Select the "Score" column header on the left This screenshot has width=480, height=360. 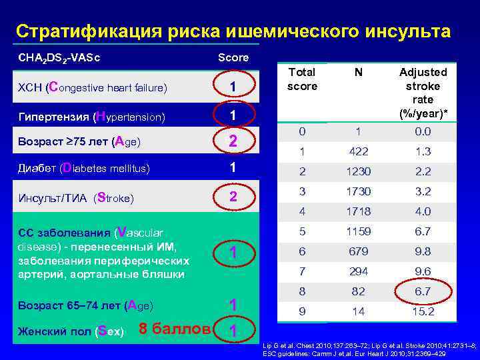(x=233, y=58)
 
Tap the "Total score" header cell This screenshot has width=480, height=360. (x=302, y=79)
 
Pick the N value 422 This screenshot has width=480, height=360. (x=359, y=151)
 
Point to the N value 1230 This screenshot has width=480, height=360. (x=359, y=171)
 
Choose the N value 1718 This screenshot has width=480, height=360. (x=359, y=211)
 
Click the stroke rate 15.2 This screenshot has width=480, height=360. (x=423, y=311)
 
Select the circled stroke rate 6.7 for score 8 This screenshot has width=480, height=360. (x=423, y=291)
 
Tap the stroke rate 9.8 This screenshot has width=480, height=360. (x=423, y=251)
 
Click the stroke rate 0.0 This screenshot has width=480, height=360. (x=423, y=131)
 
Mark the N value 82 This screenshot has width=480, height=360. (x=359, y=291)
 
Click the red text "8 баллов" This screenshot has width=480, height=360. (x=174, y=329)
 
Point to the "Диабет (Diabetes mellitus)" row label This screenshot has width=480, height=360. (x=83, y=168)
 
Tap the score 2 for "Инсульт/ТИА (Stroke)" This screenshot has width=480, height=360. (x=233, y=197)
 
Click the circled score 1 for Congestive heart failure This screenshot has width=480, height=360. (x=233, y=87)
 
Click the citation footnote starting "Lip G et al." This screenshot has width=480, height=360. (x=367, y=349)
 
